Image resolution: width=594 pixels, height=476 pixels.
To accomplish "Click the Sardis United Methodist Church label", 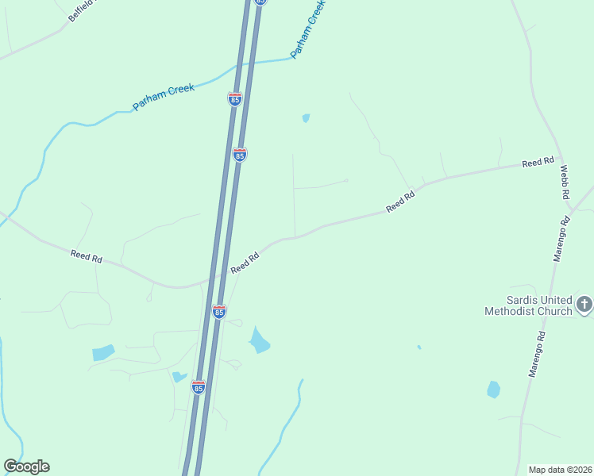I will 528,305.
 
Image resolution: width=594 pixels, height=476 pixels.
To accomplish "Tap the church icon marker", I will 584,304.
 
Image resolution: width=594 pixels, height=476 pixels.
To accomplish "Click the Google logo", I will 26,466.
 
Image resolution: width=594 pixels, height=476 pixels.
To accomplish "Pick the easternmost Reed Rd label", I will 538,163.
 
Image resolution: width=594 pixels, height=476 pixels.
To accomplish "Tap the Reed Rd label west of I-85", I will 87,256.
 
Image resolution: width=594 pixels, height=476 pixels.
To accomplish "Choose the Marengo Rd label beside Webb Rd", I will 561,237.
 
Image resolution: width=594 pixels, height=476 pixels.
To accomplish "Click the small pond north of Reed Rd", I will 306,118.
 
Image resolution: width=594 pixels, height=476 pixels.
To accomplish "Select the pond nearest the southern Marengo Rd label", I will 493,389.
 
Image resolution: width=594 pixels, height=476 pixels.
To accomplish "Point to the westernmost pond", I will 102,352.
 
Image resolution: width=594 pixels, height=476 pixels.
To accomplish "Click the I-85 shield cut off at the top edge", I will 260,2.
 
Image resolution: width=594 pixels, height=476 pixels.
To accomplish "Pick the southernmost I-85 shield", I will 199,387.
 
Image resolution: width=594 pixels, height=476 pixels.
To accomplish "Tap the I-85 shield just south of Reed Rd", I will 219,312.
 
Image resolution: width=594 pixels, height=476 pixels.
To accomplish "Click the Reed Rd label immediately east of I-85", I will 245,263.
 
